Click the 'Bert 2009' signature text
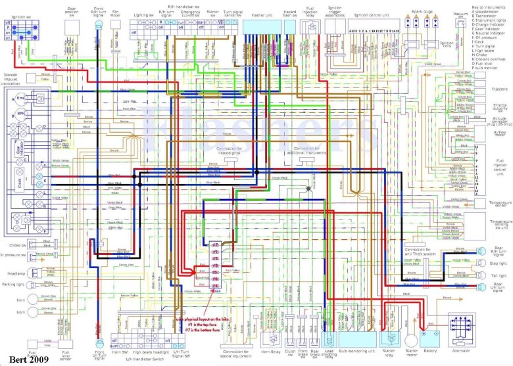click(22, 359)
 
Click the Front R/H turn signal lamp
click(99, 24)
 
